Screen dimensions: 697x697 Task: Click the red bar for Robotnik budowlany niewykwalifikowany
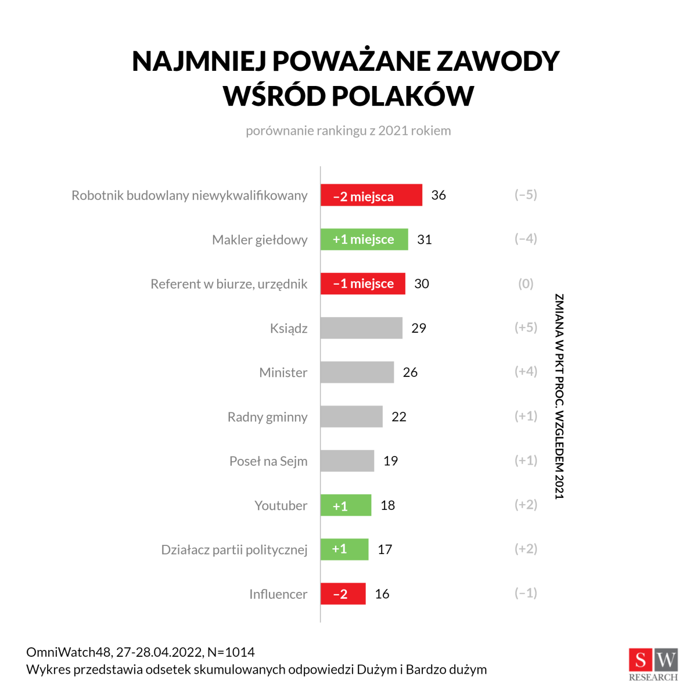point(371,195)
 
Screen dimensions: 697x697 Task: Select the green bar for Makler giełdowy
point(364,239)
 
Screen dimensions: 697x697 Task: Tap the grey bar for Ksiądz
point(361,328)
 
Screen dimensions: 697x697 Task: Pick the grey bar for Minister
point(357,372)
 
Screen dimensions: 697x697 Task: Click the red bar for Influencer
point(343,594)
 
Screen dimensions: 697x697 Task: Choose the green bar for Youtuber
point(346,505)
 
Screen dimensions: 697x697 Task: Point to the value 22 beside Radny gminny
point(399,416)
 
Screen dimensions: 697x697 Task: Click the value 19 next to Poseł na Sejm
point(390,461)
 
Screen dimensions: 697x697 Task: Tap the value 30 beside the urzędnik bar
point(422,283)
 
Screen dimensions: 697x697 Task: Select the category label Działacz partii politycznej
point(234,549)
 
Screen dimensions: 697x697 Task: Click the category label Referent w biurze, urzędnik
point(229,284)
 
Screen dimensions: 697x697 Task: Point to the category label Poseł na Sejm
point(268,461)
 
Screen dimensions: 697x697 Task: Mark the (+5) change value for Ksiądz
point(526,328)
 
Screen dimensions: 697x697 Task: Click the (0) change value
point(526,283)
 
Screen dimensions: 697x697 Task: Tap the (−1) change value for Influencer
point(526,593)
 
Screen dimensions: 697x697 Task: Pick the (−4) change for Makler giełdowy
point(526,239)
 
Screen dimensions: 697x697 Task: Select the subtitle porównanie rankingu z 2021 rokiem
point(348,131)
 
